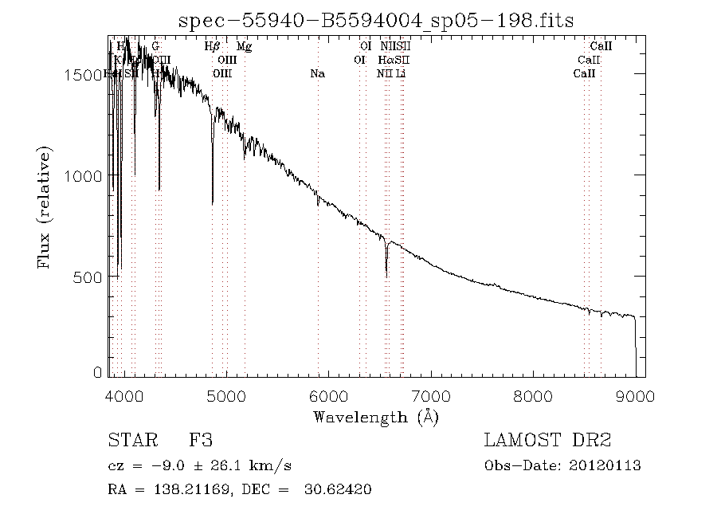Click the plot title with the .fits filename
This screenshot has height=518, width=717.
click(x=376, y=20)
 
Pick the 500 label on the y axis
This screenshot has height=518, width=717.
click(x=92, y=277)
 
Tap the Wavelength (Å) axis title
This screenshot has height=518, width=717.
click(x=376, y=416)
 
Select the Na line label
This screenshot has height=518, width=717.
click(x=317, y=74)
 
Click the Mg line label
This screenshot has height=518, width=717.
click(x=245, y=47)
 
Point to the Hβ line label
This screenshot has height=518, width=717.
click(x=212, y=47)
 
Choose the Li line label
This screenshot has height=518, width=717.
click(x=401, y=74)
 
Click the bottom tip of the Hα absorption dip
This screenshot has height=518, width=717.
click(x=386, y=276)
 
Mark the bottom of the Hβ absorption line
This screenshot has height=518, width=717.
click(x=213, y=204)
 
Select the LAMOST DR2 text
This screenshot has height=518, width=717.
click(x=547, y=441)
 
